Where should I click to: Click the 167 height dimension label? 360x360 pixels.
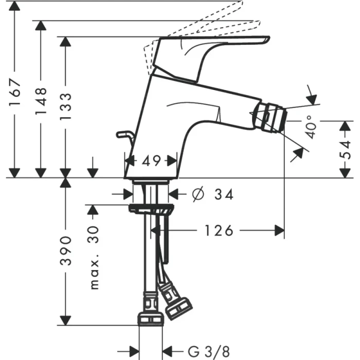(16, 92)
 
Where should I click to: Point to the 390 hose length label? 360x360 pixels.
(65, 251)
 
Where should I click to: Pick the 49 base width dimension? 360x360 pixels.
(151, 161)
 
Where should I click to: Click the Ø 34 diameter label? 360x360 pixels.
(211, 194)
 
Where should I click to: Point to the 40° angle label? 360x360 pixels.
(311, 128)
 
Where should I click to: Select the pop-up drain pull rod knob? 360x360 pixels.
(122, 134)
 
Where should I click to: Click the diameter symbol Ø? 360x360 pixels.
(196, 194)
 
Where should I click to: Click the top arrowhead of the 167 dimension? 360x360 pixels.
(16, 6)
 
